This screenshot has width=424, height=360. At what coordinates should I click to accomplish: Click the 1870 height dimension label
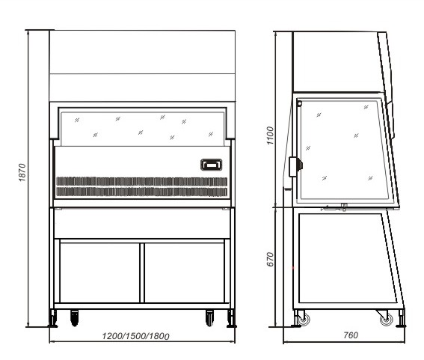[22, 172]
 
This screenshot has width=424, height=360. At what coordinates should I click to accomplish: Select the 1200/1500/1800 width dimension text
[136, 336]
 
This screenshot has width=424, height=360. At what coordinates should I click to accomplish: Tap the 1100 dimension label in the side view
[270, 135]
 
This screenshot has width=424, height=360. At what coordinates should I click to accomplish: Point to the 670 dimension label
[270, 259]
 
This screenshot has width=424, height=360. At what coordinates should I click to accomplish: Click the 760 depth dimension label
[351, 335]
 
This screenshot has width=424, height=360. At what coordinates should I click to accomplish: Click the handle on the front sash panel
[212, 165]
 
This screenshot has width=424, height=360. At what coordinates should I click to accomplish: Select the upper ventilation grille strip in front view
[141, 182]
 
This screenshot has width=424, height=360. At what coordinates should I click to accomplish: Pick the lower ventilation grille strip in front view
[141, 192]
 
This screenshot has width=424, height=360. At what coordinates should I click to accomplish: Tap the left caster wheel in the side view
[304, 320]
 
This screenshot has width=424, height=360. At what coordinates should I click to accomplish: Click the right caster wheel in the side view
[386, 320]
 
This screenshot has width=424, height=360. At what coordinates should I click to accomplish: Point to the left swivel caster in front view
[75, 318]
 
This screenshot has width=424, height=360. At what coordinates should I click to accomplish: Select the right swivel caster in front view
[209, 318]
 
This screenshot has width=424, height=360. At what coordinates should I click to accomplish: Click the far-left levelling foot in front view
[53, 319]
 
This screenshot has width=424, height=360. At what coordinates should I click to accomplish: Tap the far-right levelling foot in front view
[231, 319]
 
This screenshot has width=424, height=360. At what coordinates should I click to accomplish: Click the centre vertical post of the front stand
[142, 273]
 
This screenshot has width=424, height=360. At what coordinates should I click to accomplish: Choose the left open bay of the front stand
[99, 273]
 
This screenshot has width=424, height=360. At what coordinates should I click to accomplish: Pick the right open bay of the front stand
[185, 273]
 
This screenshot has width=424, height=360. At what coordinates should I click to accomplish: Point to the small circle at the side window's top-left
[299, 103]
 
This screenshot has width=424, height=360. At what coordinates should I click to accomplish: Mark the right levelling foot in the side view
[402, 319]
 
